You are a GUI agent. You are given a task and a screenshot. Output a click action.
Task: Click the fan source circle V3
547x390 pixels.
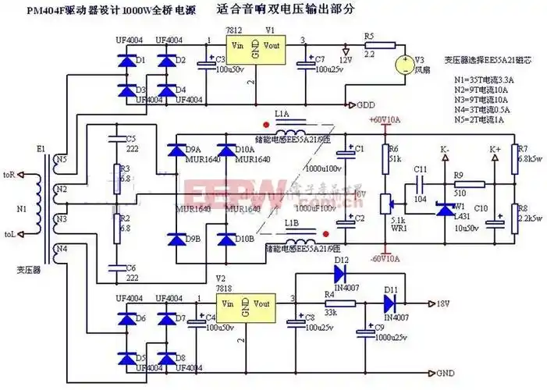click(405, 66)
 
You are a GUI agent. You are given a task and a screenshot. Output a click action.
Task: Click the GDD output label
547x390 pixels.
click(368, 105)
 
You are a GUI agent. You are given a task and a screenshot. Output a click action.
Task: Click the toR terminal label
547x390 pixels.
click(9, 174)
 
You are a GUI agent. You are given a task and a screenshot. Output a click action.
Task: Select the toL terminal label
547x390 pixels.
click(9, 233)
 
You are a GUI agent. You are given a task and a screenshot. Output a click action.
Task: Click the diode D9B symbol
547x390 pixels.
click(187, 237)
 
